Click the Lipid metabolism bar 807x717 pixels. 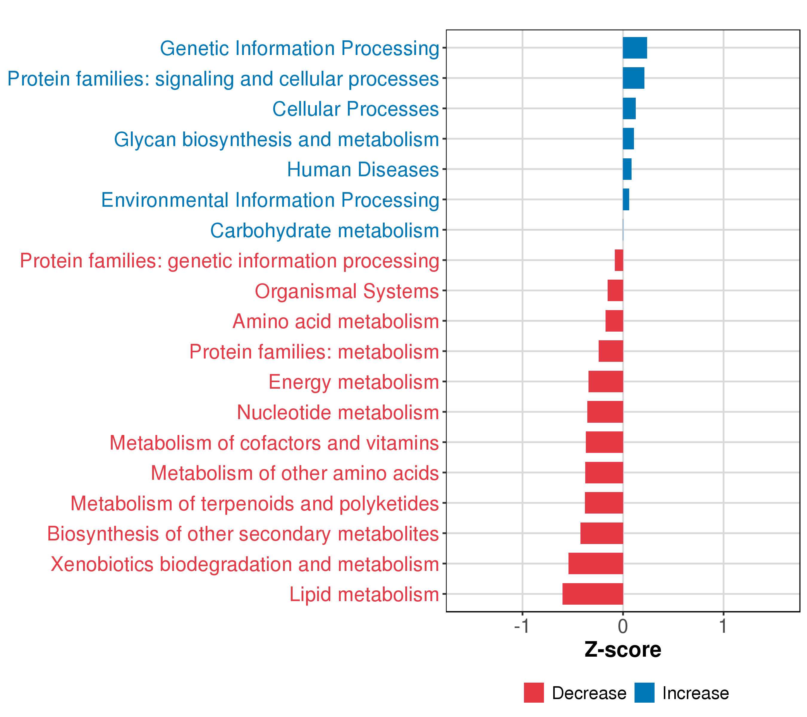coord(593,594)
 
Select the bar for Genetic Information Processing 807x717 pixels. coord(635,48)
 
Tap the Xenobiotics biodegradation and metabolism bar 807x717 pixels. coord(595,563)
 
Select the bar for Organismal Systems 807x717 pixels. coord(615,290)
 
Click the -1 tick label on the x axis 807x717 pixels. coord(522,626)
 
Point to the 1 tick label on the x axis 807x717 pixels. coord(723,626)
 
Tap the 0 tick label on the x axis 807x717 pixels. coord(623,626)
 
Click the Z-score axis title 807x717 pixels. coord(623,650)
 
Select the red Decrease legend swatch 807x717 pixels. coord(534,693)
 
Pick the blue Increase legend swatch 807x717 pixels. coord(644,693)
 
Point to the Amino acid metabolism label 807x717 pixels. coord(336,321)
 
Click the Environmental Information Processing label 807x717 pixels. coord(270,200)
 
